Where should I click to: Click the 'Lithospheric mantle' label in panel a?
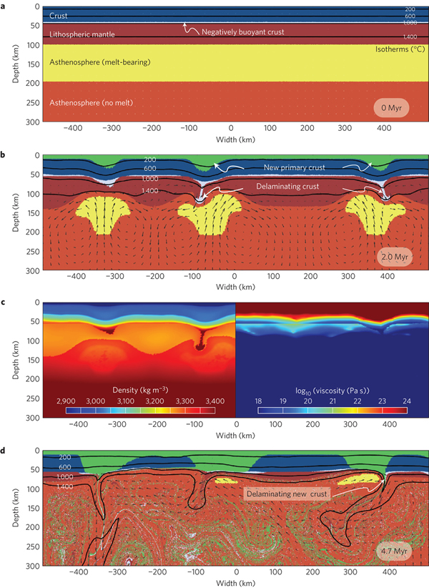pyautogui.click(x=77, y=34)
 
